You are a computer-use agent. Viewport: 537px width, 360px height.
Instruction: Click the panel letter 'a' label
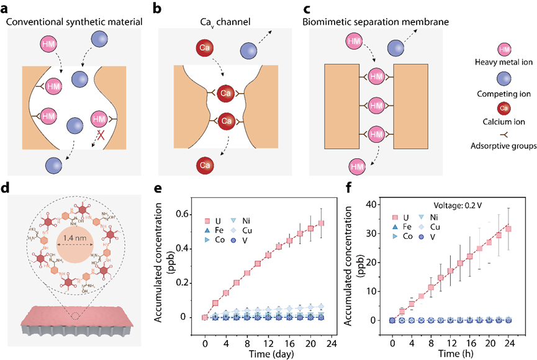click(x=6, y=8)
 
